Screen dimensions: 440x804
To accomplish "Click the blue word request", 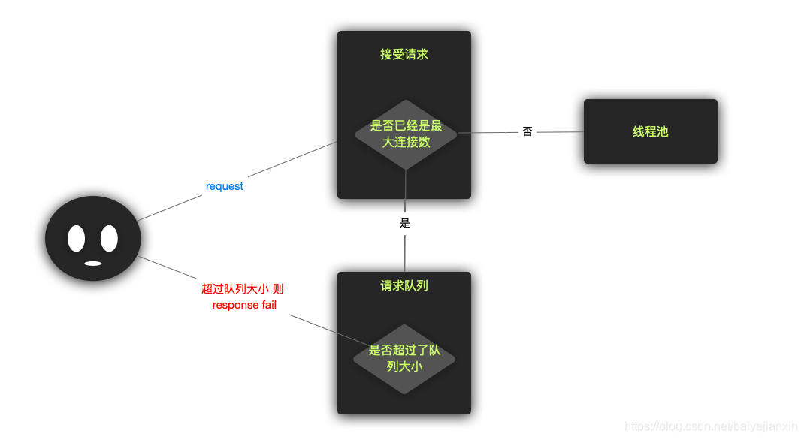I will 224,186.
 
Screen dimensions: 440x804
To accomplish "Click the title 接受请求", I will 404,54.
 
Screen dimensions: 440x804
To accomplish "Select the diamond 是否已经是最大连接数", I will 406,134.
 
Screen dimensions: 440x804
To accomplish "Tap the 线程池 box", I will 650,131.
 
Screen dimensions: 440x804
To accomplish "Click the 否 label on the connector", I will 527,131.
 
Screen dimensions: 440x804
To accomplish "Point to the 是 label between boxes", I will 405,223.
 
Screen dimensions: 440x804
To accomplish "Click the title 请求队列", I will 404,285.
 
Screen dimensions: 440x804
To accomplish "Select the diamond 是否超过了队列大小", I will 404,359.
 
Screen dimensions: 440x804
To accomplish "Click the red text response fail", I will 244,305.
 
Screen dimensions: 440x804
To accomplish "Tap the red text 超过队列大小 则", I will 242,289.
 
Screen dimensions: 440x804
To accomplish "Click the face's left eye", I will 77,238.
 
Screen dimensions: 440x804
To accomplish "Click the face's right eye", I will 109,238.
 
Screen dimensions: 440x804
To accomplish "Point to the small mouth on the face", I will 92,263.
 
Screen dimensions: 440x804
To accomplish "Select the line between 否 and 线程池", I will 560,132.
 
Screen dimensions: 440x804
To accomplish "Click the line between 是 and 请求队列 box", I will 405,253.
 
